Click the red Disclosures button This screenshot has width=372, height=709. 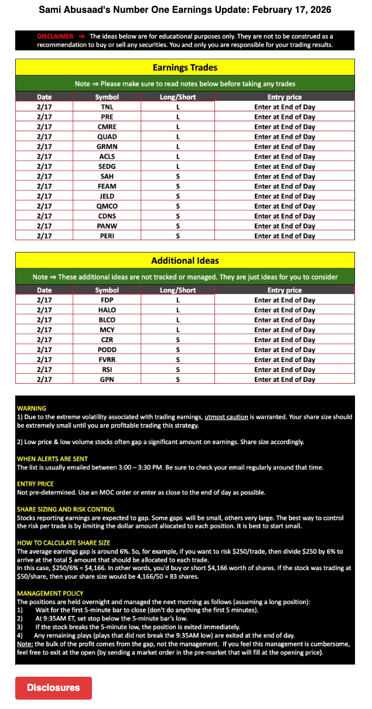pos(53,687)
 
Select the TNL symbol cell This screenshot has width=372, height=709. pos(107,107)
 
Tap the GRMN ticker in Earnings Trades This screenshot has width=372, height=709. pos(107,146)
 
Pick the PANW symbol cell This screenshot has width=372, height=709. pos(107,226)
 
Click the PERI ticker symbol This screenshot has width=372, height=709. pos(107,236)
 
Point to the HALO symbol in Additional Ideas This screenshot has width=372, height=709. pos(107,310)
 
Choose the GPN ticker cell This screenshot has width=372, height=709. pos(107,380)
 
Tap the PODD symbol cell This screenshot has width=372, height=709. pos(107,350)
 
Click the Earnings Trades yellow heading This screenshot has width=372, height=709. pos(185,67)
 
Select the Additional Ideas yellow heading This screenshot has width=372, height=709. pos(185,261)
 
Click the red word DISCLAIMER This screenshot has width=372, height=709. pos(55,36)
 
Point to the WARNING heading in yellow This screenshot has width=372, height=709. pos(32,408)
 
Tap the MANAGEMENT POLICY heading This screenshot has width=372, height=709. pos(50,594)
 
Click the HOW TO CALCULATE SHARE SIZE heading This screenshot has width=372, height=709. pos(63,543)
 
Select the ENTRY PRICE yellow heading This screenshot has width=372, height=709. pos(35,484)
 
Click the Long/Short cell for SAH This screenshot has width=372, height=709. pos(178,176)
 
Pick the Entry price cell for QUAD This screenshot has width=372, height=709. pos(284,137)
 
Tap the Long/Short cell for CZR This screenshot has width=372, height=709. pos(178,340)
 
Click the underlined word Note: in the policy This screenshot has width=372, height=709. pos(25,644)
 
